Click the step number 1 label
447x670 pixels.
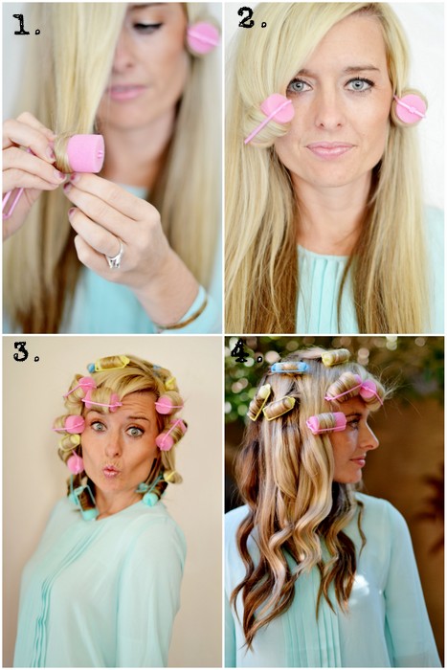(26, 24)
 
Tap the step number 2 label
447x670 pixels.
(252, 18)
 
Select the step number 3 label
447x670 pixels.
(27, 351)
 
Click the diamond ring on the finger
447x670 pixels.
(116, 257)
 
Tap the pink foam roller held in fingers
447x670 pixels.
(84, 153)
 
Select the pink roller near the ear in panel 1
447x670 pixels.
(203, 38)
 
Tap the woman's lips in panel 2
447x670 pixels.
(329, 149)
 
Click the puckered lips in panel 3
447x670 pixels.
(111, 471)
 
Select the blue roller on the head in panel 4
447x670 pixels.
(290, 367)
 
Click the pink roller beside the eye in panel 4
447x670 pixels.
(326, 423)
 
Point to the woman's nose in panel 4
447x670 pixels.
(372, 440)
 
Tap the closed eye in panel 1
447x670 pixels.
(147, 27)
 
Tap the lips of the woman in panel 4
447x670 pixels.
(359, 462)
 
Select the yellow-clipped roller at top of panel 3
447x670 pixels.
(112, 363)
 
